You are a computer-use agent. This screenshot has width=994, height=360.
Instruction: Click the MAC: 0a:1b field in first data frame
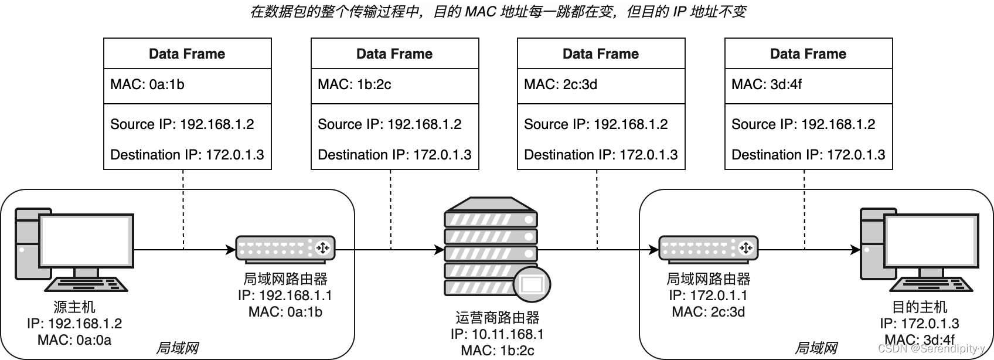147,84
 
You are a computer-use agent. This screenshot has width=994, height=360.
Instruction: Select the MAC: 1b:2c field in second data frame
354,84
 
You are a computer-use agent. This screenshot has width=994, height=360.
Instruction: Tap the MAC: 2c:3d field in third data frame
560,84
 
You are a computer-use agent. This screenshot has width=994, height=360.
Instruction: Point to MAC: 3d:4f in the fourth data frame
766,84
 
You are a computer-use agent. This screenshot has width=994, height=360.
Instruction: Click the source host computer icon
74,249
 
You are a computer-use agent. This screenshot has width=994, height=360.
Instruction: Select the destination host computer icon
918,249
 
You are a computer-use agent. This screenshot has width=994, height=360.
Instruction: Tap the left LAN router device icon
285,248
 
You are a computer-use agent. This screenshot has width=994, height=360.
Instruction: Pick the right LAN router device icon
708,248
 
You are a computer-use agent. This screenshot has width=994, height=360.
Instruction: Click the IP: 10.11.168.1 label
497,334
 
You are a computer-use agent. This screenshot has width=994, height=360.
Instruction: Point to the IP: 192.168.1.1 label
285,296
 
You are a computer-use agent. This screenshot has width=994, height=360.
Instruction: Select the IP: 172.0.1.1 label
708,296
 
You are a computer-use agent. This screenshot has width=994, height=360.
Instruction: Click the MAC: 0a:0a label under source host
74,339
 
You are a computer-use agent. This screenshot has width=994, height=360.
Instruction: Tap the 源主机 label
74,307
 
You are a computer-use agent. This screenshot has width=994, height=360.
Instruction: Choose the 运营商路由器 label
497,318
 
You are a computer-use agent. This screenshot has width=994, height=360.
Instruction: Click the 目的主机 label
919,307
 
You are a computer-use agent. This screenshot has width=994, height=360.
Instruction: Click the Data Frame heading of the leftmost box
187,54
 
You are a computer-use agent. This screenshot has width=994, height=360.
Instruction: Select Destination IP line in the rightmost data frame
808,155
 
